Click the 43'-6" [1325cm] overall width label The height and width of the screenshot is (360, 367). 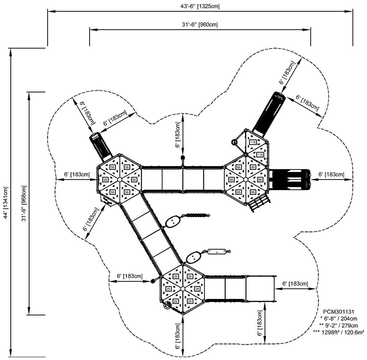[200, 6]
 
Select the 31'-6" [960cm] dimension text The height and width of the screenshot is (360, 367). [200, 25]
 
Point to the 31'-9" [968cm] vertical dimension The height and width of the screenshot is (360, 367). [24, 203]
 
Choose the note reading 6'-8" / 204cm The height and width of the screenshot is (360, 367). [339, 318]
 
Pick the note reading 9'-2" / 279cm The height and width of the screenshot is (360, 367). [339, 325]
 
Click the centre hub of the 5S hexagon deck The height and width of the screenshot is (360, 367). [120, 179]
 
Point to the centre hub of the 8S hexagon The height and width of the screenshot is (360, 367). [246, 179]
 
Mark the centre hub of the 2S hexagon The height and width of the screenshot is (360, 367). [182, 289]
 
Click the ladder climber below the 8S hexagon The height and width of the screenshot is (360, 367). [259, 203]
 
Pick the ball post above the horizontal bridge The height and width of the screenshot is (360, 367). [182, 158]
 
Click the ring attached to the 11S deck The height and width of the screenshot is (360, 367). [235, 142]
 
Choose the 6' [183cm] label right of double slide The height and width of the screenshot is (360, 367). [331, 174]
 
